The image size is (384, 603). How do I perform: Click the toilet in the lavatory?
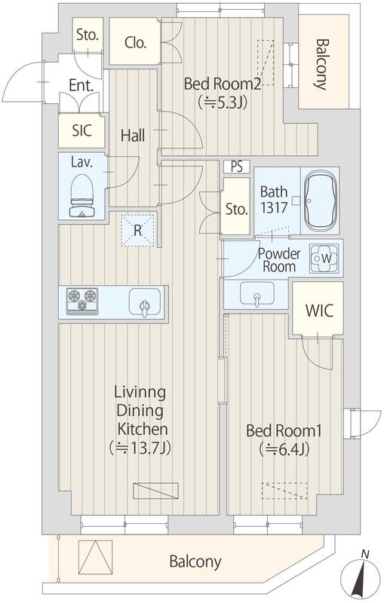click(82, 195)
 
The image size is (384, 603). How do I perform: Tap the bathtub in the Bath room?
click(321, 200)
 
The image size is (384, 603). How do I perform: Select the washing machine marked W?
click(325, 259)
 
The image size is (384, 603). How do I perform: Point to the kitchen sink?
click(145, 303)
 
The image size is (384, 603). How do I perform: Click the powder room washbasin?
click(257, 294)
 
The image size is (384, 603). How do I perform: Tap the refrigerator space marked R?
click(138, 231)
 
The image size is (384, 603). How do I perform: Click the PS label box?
click(237, 167)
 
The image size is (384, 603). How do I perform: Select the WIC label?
click(319, 311)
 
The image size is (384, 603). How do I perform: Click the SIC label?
click(82, 130)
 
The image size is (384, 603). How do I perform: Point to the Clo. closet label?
click(135, 42)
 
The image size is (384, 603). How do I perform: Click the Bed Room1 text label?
click(284, 430)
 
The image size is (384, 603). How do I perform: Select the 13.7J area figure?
click(140, 448)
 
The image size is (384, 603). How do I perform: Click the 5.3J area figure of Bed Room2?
click(222, 103)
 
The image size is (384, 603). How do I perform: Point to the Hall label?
click(133, 136)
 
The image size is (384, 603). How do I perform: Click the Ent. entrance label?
click(81, 85)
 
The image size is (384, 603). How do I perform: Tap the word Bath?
click(274, 191)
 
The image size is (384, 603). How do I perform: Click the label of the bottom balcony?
click(195, 562)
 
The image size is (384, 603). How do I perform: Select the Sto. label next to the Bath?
click(236, 210)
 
